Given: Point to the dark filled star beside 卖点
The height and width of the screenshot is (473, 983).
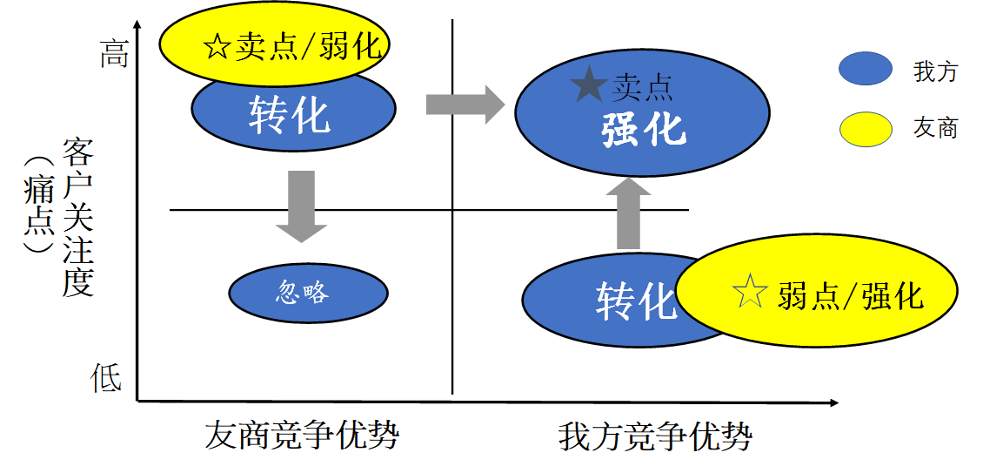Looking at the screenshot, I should click(589, 86).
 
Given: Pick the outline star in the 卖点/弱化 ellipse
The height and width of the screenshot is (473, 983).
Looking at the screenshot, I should click(216, 45).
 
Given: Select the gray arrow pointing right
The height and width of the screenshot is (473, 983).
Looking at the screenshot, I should click(465, 105).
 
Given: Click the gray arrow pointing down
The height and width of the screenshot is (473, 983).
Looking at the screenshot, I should click(301, 206).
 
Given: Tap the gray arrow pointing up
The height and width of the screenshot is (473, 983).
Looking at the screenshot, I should click(628, 213).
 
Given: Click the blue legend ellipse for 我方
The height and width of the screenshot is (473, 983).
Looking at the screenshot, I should click(865, 71).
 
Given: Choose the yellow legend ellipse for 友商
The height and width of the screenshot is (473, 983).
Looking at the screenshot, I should click(865, 129).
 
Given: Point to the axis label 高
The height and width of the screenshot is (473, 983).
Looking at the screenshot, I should click(114, 54).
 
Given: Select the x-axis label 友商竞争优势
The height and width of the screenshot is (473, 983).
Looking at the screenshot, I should click(301, 435).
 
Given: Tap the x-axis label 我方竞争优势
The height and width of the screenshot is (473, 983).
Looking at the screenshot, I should click(654, 436).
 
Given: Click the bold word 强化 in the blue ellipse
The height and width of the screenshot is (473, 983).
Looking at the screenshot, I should click(643, 130).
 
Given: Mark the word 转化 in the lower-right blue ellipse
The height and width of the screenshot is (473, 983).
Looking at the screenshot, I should click(636, 301).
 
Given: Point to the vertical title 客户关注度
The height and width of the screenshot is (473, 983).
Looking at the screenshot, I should click(78, 218).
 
